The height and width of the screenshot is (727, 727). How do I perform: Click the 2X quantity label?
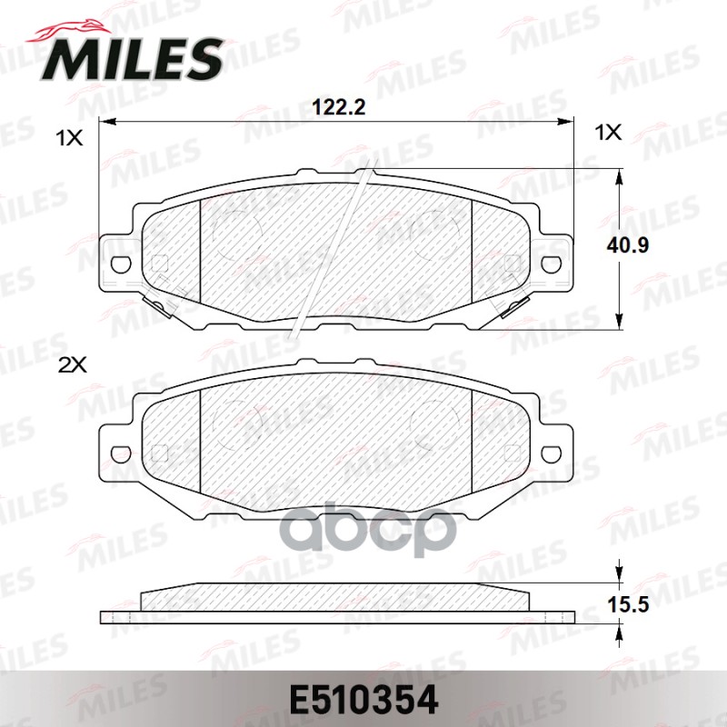click(70, 364)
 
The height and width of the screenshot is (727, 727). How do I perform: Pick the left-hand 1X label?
click(68, 138)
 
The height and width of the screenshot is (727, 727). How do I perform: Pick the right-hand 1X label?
click(606, 134)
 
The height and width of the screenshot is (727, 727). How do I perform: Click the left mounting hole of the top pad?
click(118, 264)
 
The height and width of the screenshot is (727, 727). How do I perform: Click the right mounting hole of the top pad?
click(551, 264)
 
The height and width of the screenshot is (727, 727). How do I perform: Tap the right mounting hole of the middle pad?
click(551, 453)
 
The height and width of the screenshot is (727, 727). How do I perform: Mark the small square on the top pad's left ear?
click(160, 264)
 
